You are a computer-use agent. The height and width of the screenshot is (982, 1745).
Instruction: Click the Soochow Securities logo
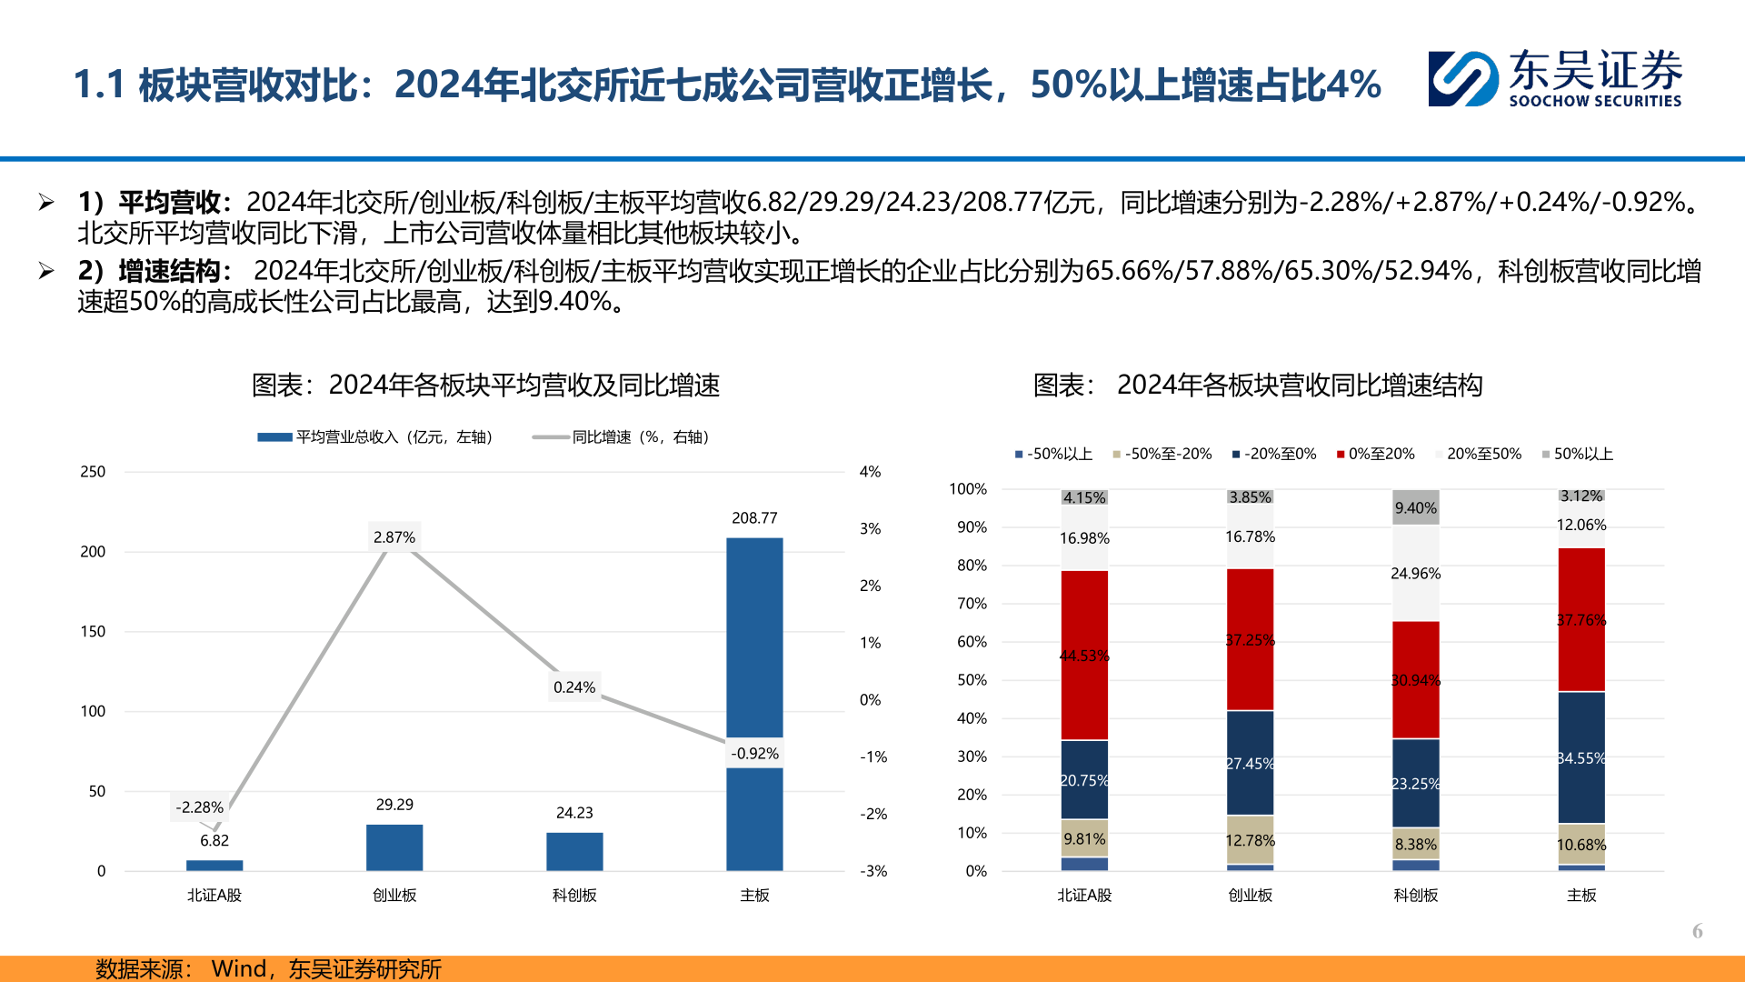[1554, 79]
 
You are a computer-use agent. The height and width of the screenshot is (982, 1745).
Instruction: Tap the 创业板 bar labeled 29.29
[394, 847]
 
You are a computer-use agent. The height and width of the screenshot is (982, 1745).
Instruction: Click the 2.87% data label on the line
[394, 537]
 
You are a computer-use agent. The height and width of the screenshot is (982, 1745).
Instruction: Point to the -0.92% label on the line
[755, 753]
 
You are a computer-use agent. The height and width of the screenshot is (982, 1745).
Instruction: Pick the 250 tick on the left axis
[93, 472]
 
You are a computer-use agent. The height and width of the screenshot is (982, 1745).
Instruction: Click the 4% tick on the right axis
[870, 472]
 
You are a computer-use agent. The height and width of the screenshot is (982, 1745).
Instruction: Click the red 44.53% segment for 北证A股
[1084, 655]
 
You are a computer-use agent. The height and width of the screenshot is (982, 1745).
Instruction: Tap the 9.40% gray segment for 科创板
[1415, 507]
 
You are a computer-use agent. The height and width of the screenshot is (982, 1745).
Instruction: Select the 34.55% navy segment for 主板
[1581, 757]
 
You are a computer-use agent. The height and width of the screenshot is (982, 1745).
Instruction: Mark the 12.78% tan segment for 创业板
[1250, 839]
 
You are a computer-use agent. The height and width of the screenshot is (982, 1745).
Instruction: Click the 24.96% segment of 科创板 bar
[1415, 574]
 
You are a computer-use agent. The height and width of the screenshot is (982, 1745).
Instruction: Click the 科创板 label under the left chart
[574, 896]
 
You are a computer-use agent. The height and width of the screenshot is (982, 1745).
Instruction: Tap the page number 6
[1697, 930]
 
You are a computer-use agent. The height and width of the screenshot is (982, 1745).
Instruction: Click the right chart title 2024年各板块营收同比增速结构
[1299, 386]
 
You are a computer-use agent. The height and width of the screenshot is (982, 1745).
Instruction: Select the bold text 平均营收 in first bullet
[170, 202]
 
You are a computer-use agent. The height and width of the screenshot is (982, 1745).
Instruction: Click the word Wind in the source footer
[238, 968]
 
